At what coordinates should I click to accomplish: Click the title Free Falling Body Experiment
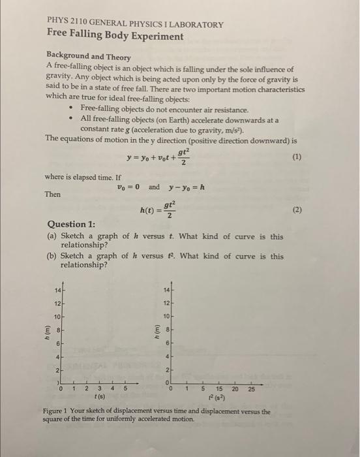(114, 37)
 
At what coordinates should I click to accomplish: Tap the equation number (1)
(297, 157)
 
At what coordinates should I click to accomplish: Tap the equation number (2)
(297, 211)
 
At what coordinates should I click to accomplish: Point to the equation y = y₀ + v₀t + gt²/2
(161, 157)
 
